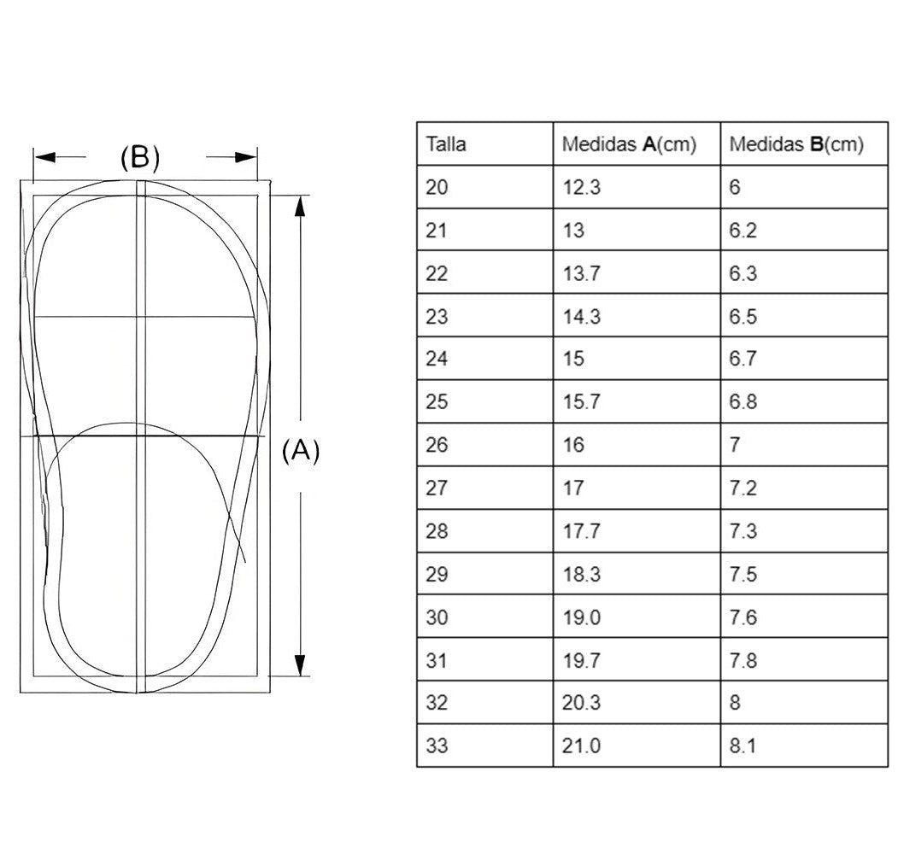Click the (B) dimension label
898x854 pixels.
(x=140, y=157)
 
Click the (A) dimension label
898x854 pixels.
(x=301, y=451)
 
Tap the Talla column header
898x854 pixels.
(x=446, y=143)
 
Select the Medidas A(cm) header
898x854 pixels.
(x=629, y=144)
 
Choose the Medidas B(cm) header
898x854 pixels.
(x=796, y=144)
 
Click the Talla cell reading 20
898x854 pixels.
(x=437, y=187)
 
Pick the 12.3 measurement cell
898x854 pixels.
(x=581, y=187)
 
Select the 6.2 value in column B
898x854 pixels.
(x=742, y=230)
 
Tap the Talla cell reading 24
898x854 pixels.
(x=437, y=359)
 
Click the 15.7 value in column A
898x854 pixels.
(x=581, y=401)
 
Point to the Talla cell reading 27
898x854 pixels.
(x=437, y=488)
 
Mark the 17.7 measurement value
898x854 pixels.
(x=581, y=530)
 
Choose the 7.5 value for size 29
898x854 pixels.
(x=742, y=574)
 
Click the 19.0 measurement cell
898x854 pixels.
(x=581, y=617)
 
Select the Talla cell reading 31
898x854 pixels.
(x=437, y=660)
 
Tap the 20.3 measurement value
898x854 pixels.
(x=581, y=702)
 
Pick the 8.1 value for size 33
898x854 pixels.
(x=742, y=746)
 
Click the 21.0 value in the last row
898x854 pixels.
(x=581, y=746)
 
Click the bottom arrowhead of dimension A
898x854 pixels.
(x=299, y=665)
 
